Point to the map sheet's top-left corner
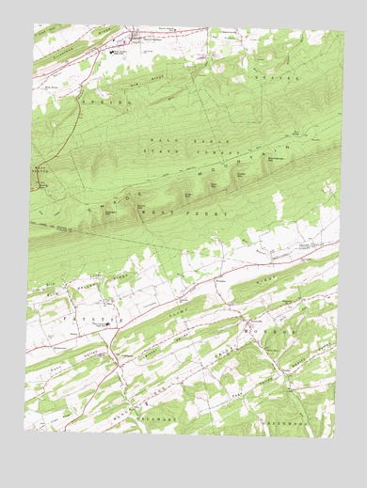pyautogui.click(x=34, y=24)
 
